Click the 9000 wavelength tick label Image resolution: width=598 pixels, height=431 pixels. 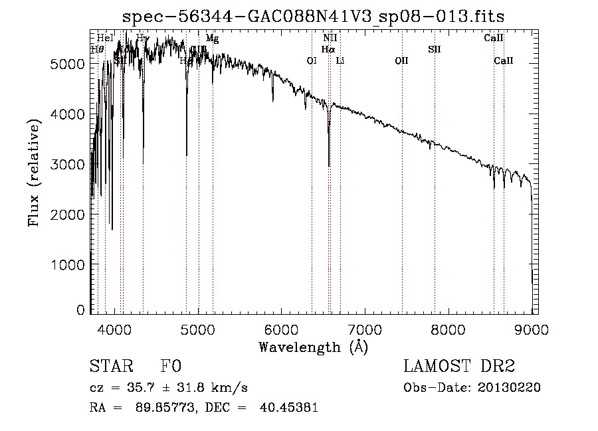pos(532,328)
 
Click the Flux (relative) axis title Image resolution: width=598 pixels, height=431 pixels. pos(34,172)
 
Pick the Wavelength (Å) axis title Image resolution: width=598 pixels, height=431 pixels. pos(313,347)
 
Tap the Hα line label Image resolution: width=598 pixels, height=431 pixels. pos(328,49)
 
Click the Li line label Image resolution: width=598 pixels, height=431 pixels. pos(340,60)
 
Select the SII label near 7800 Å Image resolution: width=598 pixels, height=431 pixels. pos(435,49)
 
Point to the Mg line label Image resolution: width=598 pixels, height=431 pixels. pos(212,39)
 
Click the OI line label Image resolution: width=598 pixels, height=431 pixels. pos(311,60)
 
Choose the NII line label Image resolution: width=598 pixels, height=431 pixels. pos(330,39)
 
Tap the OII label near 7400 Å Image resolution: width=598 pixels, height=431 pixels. pos(401,60)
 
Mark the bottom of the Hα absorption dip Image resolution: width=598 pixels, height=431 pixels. pos(329,165)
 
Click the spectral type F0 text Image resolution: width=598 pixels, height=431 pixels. pos(170,367)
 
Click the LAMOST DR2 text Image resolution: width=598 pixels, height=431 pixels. pos(459,367)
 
